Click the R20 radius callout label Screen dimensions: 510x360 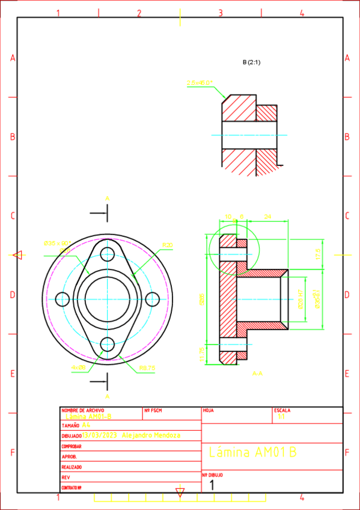(x=167, y=245)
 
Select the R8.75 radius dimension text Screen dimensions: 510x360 (x=147, y=367)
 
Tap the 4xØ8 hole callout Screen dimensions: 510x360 (x=78, y=366)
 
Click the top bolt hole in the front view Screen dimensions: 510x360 (x=108, y=253)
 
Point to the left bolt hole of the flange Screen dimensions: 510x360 (x=63, y=299)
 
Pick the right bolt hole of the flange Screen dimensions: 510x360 (x=153, y=299)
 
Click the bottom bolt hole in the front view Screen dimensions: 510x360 (x=108, y=345)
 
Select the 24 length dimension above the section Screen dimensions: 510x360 (x=267, y=217)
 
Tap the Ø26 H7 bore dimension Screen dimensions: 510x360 (x=300, y=299)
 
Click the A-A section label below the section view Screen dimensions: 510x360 (x=257, y=373)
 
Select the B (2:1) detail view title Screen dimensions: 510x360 (x=251, y=62)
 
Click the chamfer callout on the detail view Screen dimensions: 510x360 (x=200, y=84)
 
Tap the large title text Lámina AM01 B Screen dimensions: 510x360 (x=252, y=452)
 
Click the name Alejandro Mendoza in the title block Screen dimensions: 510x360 (x=150, y=435)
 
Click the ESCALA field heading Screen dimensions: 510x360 (x=282, y=410)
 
